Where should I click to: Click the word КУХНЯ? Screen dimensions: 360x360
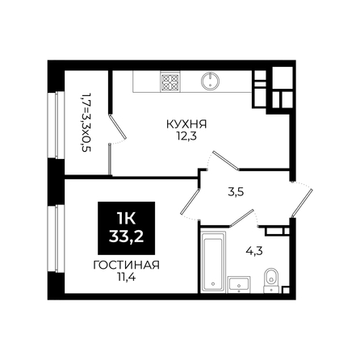point(186,124)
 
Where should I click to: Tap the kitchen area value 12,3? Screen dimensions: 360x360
point(186,136)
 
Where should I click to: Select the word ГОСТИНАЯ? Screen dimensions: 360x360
point(127,265)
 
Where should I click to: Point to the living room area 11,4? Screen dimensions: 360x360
point(126,277)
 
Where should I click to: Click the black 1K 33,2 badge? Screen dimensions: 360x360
point(127,228)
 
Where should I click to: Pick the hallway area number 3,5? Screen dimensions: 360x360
point(236,192)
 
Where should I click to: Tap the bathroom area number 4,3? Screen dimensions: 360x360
point(254,251)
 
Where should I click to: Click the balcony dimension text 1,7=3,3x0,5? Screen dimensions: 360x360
point(86,123)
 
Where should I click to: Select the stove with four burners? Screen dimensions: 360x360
point(170,82)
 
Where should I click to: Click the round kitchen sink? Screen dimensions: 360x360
point(210,81)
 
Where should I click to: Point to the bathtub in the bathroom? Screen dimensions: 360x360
point(213,261)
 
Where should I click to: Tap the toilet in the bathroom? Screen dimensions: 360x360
point(271,280)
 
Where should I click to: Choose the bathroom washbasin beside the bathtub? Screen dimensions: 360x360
point(239,284)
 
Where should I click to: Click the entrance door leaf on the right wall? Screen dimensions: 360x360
point(302,203)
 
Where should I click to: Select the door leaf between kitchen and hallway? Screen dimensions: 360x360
point(225,161)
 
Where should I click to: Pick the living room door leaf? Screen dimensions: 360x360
point(190,201)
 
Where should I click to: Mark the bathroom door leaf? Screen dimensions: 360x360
point(242,217)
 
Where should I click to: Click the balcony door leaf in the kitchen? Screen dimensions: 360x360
point(118,126)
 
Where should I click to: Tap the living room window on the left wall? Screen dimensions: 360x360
point(57,239)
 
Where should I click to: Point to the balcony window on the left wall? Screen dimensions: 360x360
point(57,125)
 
